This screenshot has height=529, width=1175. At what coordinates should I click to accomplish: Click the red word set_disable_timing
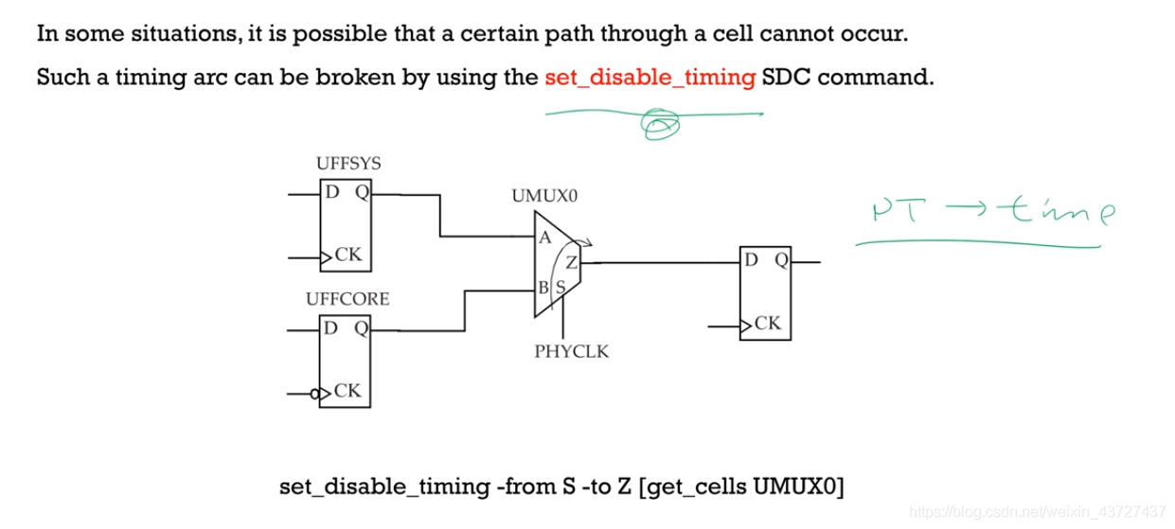pyautogui.click(x=650, y=78)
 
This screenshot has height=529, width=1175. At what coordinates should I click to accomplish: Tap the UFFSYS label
pyautogui.click(x=348, y=165)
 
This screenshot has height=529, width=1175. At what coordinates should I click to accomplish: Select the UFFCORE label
pyautogui.click(x=347, y=299)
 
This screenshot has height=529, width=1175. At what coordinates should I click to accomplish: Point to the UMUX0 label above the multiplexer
pyautogui.click(x=544, y=197)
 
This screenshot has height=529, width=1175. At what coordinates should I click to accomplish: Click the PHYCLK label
pyautogui.click(x=572, y=352)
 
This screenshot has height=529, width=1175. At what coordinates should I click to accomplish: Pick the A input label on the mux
pyautogui.click(x=545, y=238)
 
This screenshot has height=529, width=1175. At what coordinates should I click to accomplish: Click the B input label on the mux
pyautogui.click(x=544, y=285)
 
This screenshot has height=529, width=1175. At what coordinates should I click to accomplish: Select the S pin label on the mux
pyautogui.click(x=560, y=286)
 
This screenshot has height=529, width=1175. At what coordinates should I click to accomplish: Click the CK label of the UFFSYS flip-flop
pyautogui.click(x=347, y=256)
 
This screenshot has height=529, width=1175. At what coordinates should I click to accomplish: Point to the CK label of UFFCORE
pyautogui.click(x=347, y=391)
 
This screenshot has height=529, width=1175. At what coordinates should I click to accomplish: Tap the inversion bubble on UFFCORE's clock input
pyautogui.click(x=315, y=391)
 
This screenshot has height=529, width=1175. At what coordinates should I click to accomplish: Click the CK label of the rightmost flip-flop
pyautogui.click(x=768, y=324)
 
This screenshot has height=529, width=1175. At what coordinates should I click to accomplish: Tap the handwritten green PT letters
pyautogui.click(x=893, y=211)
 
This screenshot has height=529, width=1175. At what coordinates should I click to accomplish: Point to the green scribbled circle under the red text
pyautogui.click(x=660, y=124)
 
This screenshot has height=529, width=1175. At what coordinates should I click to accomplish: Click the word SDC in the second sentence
pyautogui.click(x=786, y=78)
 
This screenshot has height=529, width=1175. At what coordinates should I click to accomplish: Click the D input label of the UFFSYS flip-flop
pyautogui.click(x=332, y=193)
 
